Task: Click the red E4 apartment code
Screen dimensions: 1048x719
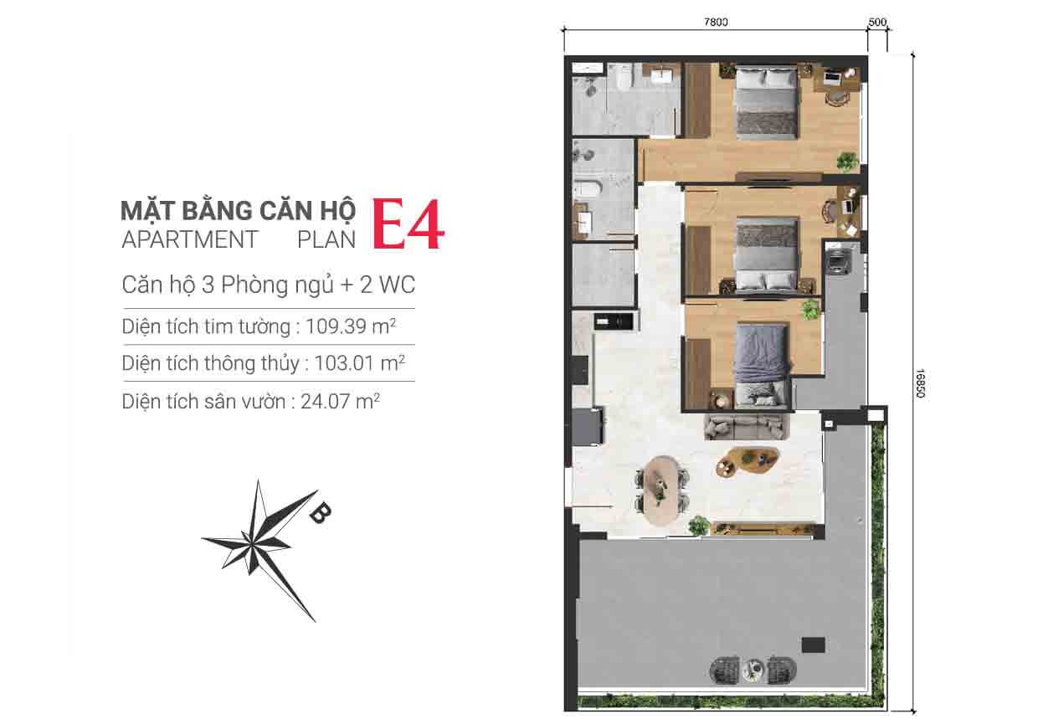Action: point(408,224)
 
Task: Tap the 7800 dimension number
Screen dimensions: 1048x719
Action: point(716,22)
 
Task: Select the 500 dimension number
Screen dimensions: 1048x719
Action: point(877,22)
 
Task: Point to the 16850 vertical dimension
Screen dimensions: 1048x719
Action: point(920,383)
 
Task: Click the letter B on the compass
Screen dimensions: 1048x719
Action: point(321,513)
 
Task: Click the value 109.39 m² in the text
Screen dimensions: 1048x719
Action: point(351,326)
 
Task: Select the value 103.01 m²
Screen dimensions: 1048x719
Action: point(359,363)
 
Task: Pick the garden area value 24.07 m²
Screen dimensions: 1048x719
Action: point(340,402)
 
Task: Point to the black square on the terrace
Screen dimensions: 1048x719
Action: point(813,645)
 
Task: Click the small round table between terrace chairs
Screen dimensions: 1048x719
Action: point(753,670)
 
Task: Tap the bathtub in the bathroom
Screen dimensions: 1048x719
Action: point(583,190)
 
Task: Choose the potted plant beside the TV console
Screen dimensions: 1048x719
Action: point(698,525)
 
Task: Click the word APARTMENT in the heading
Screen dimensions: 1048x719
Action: point(189,239)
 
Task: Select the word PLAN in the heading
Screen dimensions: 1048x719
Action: point(326,239)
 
